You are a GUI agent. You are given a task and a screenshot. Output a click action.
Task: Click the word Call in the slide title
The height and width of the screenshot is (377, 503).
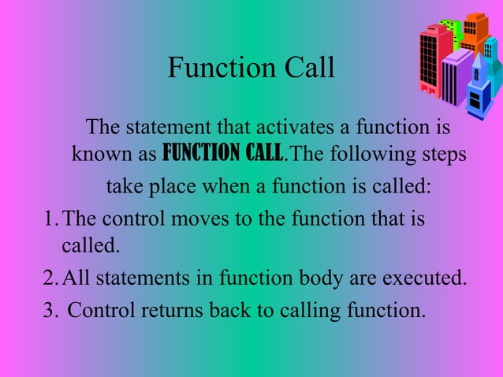(305, 69)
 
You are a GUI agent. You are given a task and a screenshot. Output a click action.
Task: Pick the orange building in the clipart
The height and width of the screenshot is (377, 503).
(474, 32)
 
